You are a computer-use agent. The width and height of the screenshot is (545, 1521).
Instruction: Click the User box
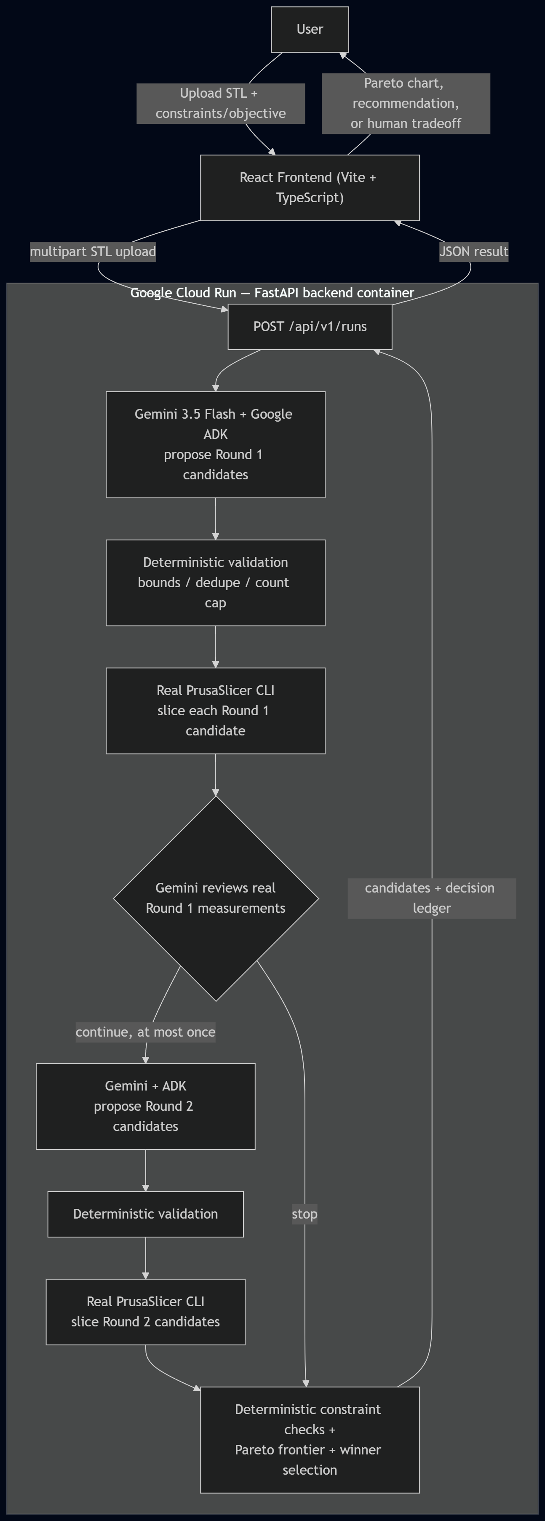[x=310, y=29]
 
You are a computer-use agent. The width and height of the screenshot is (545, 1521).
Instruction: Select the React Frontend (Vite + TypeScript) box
[x=310, y=188]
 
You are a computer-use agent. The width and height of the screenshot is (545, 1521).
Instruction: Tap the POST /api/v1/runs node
[x=310, y=326]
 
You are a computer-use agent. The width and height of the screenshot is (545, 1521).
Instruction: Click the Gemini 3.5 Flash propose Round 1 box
[x=216, y=445]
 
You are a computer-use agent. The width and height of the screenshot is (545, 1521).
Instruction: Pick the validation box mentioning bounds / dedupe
[x=216, y=583]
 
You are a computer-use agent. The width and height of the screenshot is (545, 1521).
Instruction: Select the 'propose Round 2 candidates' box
[x=146, y=1107]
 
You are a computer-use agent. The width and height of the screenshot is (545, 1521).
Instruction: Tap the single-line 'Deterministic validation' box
[x=146, y=1214]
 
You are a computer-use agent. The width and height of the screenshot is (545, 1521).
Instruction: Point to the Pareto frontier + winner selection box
[x=310, y=1440]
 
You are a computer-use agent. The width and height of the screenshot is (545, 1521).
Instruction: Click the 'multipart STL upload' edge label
[x=93, y=251]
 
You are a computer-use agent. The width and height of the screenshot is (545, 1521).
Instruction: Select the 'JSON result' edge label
[x=473, y=251]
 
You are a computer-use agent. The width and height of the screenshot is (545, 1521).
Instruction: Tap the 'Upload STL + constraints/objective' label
[x=221, y=103]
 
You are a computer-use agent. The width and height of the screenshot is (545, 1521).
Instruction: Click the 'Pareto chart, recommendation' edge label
[x=406, y=103]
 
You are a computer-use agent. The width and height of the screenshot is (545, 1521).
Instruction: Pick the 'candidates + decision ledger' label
[x=432, y=898]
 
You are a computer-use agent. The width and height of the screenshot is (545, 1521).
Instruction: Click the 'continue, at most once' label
[x=145, y=1032]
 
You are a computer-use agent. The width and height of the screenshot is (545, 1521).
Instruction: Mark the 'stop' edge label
[x=305, y=1214]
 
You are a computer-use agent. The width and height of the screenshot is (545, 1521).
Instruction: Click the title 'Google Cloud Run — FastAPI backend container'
[x=272, y=293]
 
